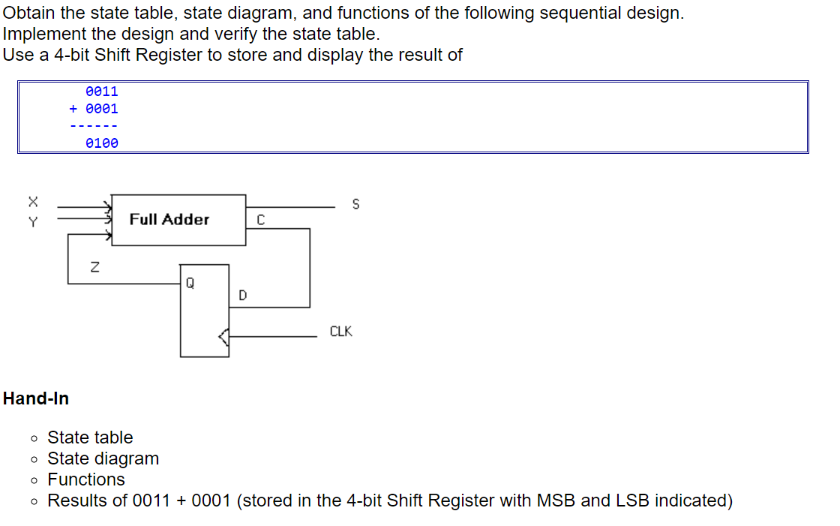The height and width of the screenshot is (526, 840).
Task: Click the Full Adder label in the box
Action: point(169,219)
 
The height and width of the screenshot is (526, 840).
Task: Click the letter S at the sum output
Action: point(355,204)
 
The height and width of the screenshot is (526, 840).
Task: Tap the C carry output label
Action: point(259,220)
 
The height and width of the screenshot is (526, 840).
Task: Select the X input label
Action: point(32,201)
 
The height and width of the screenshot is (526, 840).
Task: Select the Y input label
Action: point(32,221)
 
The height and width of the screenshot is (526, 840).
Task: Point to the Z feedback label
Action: point(94,266)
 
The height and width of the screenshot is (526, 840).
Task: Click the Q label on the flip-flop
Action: point(190,283)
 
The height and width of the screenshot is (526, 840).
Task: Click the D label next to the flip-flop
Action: point(242,296)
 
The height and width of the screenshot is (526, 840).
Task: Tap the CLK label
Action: point(340,331)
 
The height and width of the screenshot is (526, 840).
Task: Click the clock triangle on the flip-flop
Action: point(223,338)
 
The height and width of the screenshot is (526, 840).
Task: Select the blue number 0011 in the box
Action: point(102,92)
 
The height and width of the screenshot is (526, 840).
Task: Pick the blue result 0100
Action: point(102,143)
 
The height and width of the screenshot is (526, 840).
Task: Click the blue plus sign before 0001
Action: point(73,109)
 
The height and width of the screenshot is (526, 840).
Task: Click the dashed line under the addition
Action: point(94,125)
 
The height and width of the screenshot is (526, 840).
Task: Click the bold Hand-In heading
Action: point(36,398)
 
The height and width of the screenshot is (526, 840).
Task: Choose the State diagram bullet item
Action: point(103,458)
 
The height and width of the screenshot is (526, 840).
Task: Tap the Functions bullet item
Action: point(86,479)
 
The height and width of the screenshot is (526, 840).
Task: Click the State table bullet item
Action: point(90,437)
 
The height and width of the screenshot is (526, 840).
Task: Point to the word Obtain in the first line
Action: point(28,13)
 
